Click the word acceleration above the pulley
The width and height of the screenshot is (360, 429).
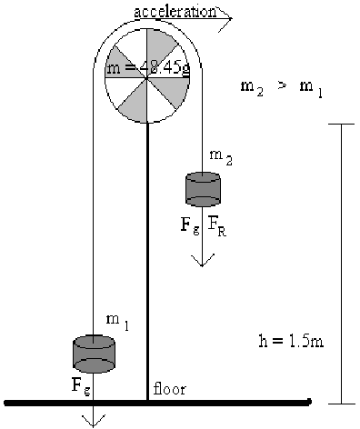pos(175,12)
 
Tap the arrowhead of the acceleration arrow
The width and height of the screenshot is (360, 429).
pos(225,18)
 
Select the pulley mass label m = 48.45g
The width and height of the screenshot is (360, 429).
pos(148,69)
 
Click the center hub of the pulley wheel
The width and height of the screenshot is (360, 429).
pos(147,78)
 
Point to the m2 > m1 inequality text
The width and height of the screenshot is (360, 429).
pos(281,88)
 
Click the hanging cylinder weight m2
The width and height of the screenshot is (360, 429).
pos(203,190)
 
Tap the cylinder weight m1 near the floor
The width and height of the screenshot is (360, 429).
pos(94,354)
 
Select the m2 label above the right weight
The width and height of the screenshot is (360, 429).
pos(221,157)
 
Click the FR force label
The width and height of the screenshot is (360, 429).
pos(217,227)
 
